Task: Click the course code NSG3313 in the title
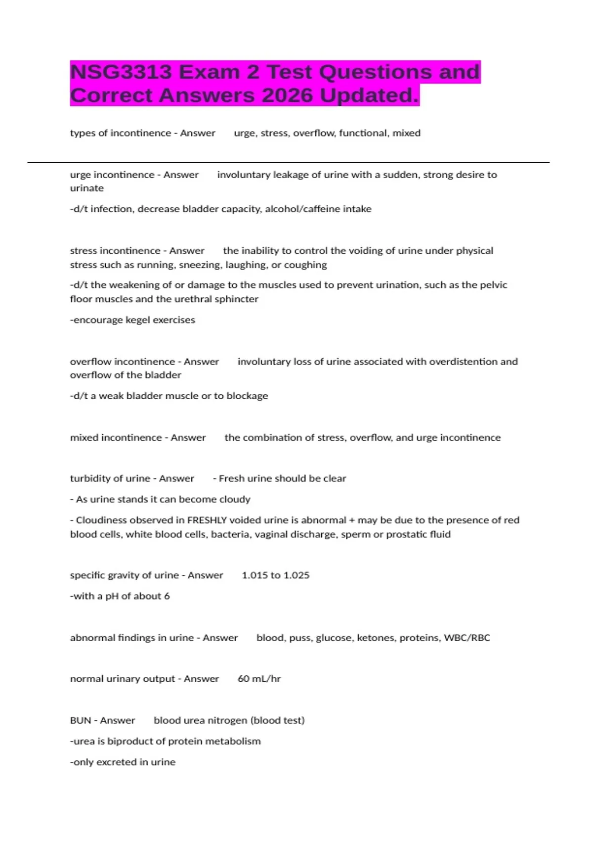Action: pyautogui.click(x=121, y=72)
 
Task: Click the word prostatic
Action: pyautogui.click(x=408, y=534)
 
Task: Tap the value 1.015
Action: pyautogui.click(x=254, y=575)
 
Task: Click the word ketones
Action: pyautogui.click(x=375, y=638)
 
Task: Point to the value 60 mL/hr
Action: pyautogui.click(x=259, y=679)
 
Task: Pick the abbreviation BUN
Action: pyautogui.click(x=80, y=720)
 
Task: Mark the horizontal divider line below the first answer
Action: pyautogui.click(x=288, y=162)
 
